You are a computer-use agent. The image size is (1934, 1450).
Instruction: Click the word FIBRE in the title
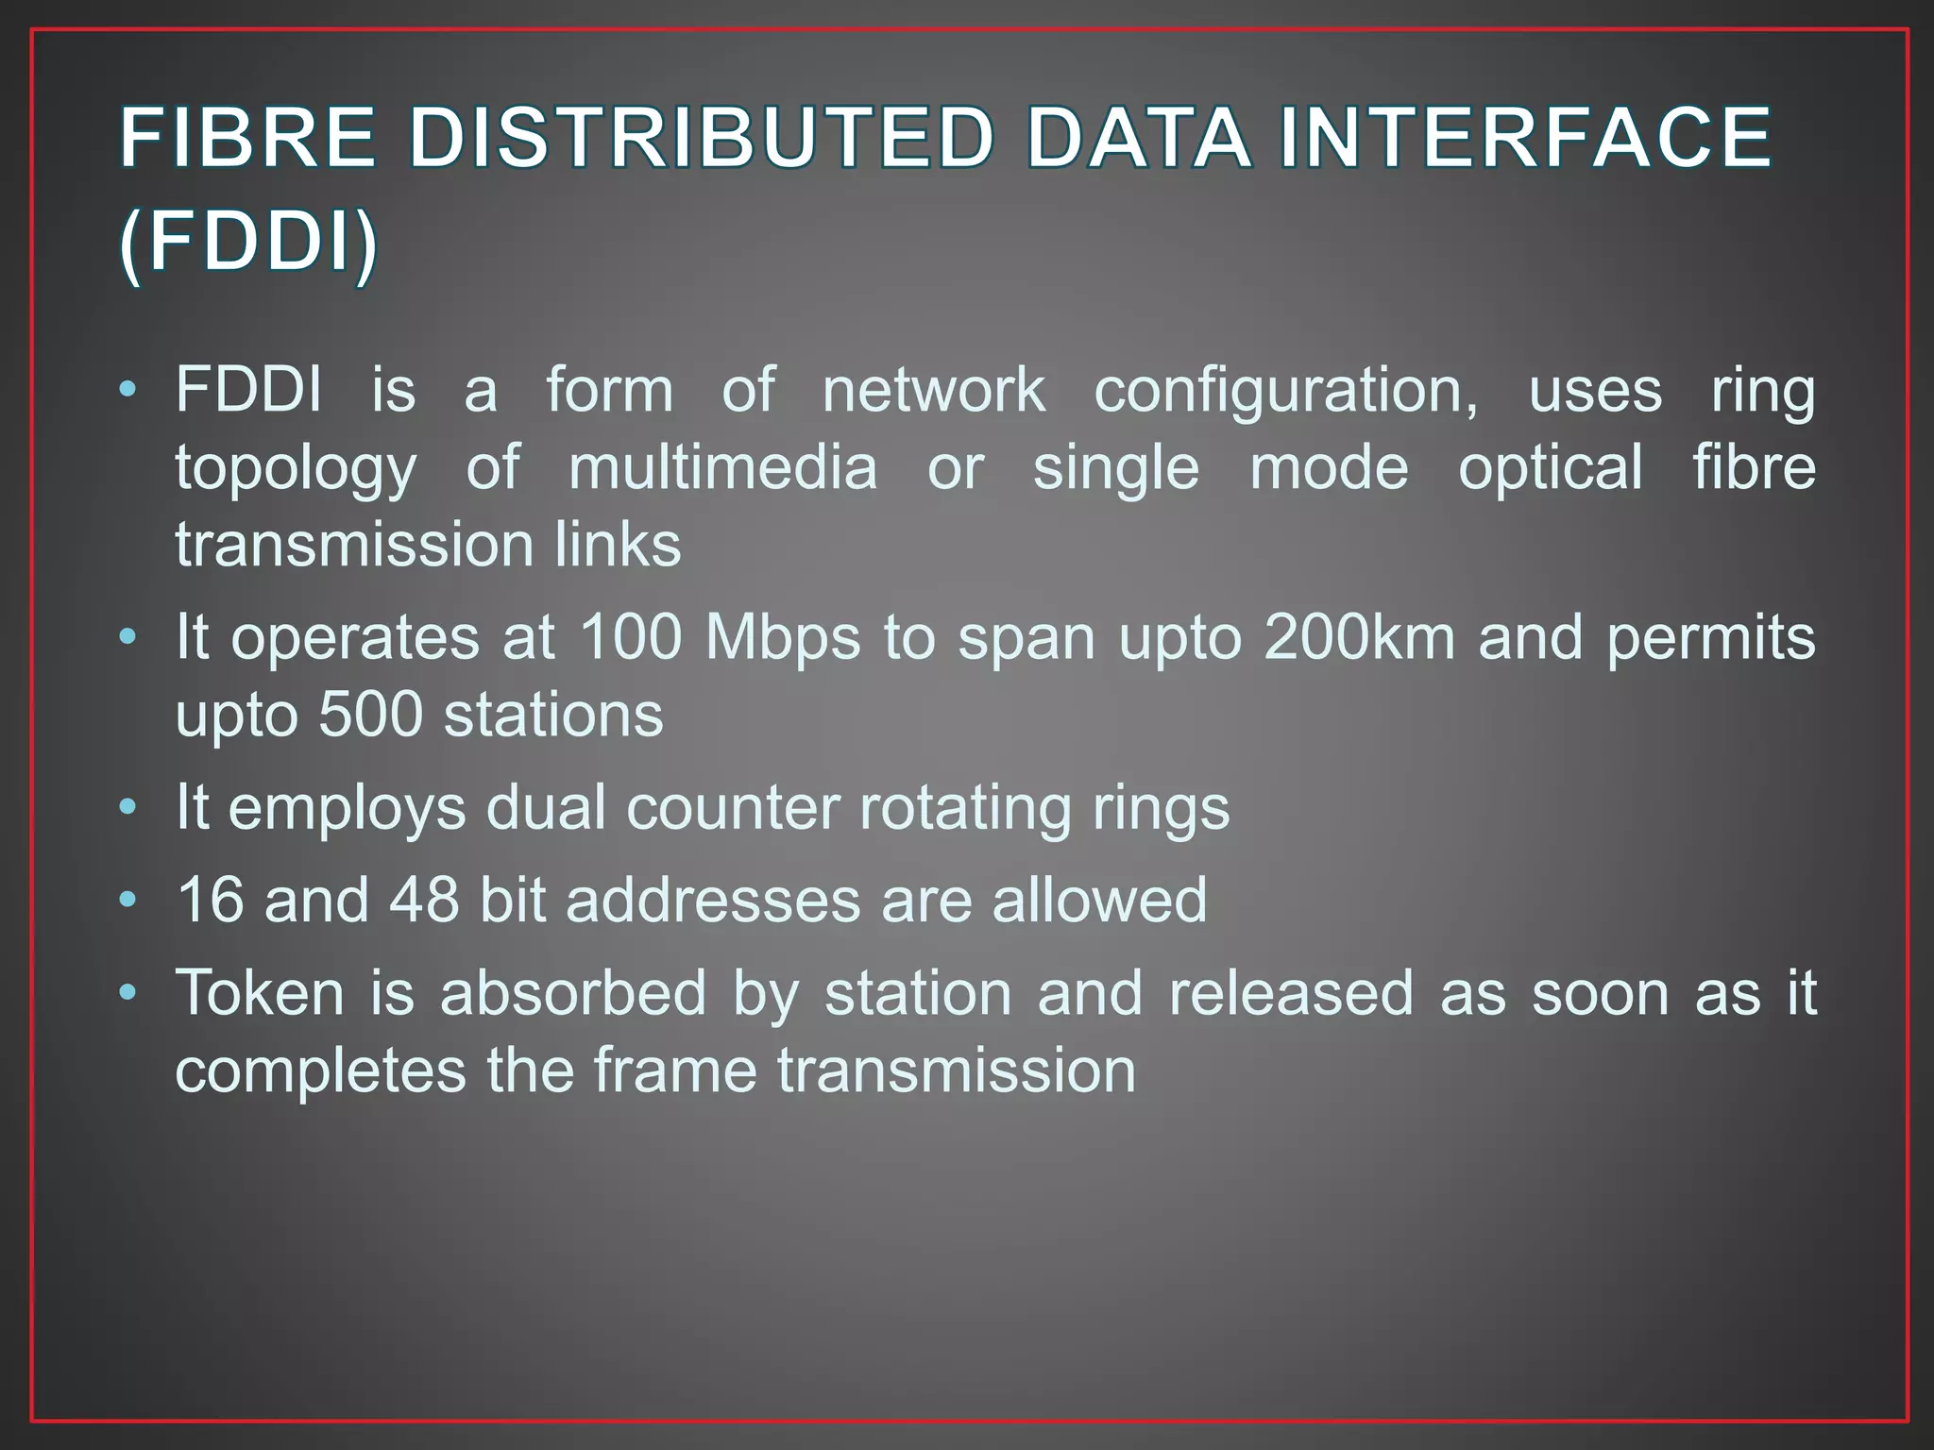[247, 138]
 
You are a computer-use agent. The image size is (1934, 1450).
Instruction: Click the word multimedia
[722, 468]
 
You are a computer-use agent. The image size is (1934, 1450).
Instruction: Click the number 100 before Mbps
[631, 637]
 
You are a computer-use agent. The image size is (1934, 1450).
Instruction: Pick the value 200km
[1359, 637]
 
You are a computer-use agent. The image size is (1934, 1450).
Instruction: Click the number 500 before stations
[370, 715]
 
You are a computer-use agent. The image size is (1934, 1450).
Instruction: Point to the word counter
[732, 809]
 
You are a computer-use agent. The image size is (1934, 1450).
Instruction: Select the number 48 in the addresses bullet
[424, 900]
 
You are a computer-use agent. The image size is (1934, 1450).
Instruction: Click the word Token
[260, 993]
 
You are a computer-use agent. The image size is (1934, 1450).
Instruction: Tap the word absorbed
[573, 993]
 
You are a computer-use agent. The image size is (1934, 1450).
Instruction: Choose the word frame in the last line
[675, 1071]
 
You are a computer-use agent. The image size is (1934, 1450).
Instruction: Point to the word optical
[1551, 469]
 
